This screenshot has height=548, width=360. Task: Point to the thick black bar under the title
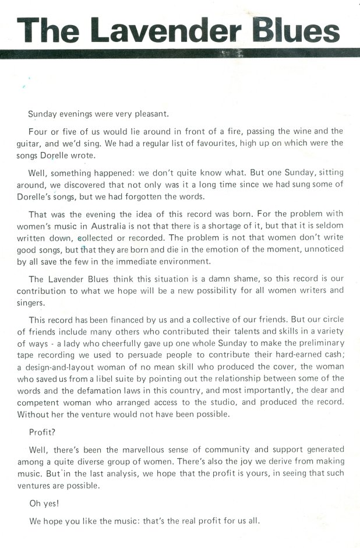pos(180,54)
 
